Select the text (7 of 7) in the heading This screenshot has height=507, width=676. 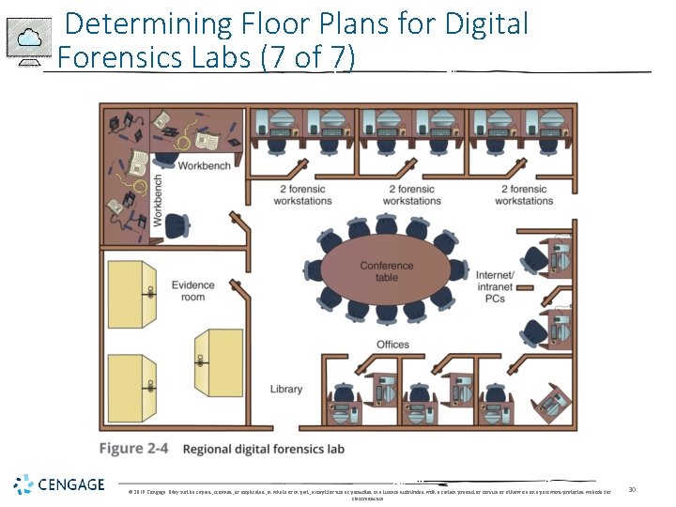309,57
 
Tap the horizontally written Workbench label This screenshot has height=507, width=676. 204,166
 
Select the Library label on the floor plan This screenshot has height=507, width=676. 286,389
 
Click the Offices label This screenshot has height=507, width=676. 392,345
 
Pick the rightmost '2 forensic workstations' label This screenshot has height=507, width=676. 524,195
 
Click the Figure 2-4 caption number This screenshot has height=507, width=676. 133,449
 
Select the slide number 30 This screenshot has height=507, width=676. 632,488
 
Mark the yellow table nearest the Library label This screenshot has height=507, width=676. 217,361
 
